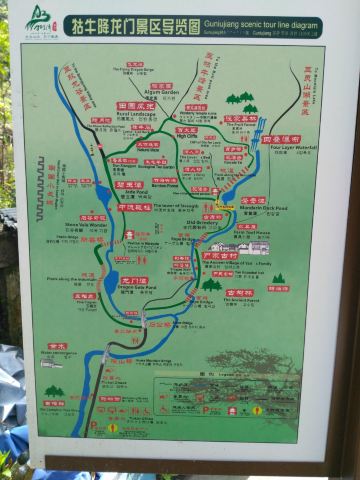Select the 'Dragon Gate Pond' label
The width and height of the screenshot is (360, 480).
click(134, 288)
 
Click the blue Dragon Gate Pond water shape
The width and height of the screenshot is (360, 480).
click(111, 281)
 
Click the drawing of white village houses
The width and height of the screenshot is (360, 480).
click(240, 246)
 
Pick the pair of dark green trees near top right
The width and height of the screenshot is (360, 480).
click(243, 101)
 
